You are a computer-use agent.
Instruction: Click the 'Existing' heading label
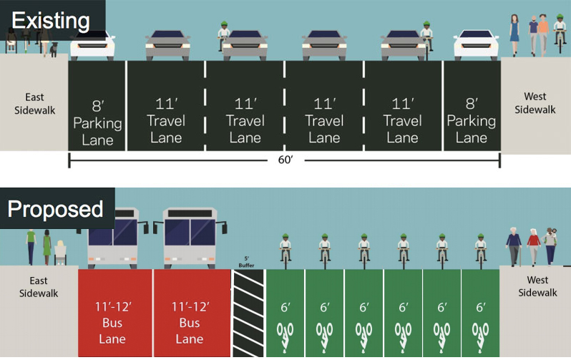click(50, 20)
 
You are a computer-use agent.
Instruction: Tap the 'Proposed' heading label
click(55, 210)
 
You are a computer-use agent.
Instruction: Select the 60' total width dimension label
click(285, 160)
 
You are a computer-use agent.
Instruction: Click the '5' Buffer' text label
click(247, 262)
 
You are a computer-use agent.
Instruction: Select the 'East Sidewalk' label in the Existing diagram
click(34, 104)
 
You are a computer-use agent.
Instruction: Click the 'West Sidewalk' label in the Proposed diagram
click(537, 286)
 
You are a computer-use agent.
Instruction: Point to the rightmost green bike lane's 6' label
click(481, 307)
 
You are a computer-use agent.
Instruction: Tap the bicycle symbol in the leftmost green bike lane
click(285, 335)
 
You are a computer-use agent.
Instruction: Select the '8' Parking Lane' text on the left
click(97, 122)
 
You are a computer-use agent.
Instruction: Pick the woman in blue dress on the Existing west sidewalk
click(514, 34)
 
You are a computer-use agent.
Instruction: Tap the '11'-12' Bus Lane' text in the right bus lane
click(190, 323)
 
